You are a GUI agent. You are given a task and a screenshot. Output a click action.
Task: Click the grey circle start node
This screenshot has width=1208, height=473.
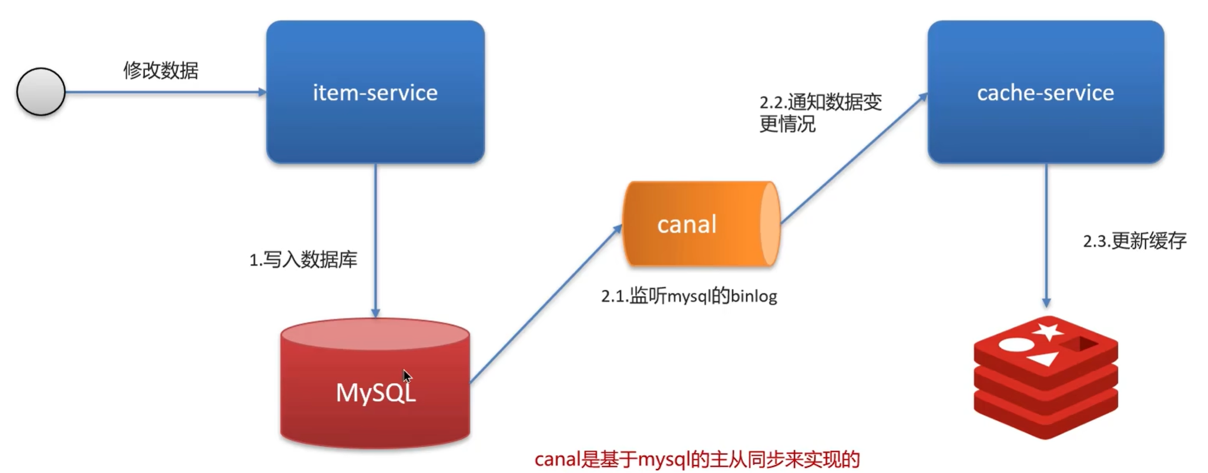click(x=41, y=92)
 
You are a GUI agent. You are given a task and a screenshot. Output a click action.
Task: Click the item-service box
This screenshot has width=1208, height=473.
click(x=375, y=92)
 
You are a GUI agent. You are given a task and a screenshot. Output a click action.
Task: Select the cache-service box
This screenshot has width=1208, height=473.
click(x=1045, y=92)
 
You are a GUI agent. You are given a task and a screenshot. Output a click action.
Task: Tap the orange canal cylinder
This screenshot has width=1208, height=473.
click(x=701, y=224)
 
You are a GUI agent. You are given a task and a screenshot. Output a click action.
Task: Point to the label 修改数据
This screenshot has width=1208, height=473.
click(x=160, y=71)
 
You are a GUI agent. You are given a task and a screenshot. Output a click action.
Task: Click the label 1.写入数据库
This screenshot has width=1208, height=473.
click(x=303, y=260)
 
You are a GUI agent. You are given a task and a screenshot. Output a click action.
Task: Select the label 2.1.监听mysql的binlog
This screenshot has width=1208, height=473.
click(x=689, y=296)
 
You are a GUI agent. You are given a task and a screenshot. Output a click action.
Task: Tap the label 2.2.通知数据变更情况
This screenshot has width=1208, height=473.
click(x=820, y=113)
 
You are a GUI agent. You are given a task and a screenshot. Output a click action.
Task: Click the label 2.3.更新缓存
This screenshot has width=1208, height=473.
click(x=1135, y=241)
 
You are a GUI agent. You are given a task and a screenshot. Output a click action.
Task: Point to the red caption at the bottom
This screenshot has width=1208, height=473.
click(x=697, y=459)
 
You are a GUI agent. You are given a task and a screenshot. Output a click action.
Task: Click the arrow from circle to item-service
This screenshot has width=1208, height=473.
click(x=165, y=92)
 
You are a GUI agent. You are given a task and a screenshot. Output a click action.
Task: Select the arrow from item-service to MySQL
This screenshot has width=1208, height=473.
click(x=375, y=241)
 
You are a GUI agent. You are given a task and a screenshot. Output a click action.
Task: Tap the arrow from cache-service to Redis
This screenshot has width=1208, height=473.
click(x=1046, y=235)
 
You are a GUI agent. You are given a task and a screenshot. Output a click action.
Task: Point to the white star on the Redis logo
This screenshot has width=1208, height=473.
click(x=1047, y=331)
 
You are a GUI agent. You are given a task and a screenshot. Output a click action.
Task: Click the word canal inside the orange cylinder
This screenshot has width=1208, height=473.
click(x=686, y=224)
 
